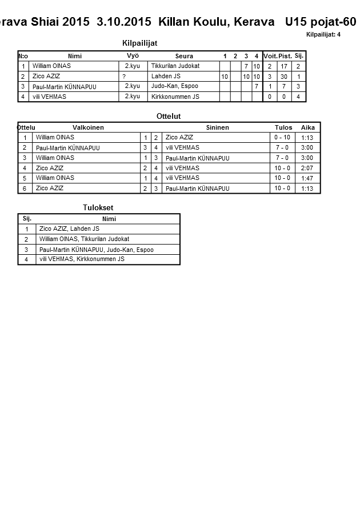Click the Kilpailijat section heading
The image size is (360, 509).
140,43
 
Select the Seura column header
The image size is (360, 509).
184,56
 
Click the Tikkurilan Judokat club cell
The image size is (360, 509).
175,66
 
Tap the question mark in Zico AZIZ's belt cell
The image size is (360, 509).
124,77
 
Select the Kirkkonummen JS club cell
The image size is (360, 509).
175,97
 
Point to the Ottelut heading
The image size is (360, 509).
169,117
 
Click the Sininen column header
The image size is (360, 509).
217,127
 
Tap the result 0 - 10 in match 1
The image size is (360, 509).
282,138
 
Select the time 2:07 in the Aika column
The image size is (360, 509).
307,169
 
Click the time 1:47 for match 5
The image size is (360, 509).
307,178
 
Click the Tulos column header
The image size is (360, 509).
283,127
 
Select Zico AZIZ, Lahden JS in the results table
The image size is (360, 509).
69,229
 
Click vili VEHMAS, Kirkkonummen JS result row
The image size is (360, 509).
82,259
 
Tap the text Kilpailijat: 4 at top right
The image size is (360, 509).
323,35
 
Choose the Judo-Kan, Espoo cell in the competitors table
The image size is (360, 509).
174,86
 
